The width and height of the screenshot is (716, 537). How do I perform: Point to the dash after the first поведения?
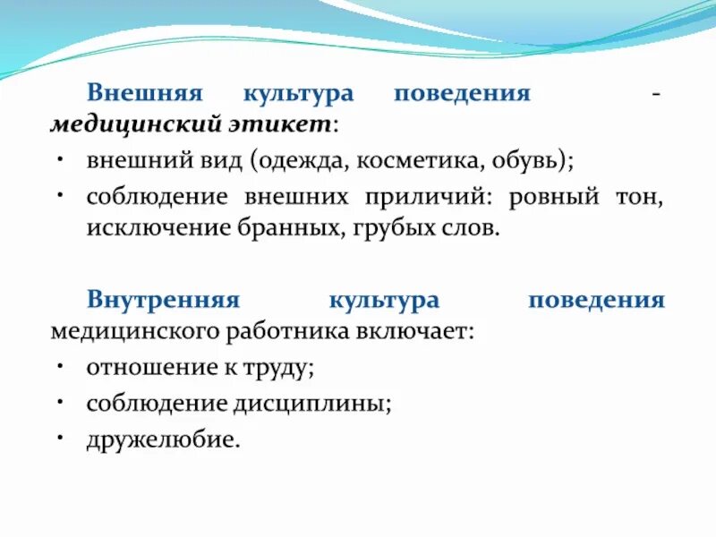click(658, 94)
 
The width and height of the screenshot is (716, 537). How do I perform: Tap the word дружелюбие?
click(163, 439)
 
